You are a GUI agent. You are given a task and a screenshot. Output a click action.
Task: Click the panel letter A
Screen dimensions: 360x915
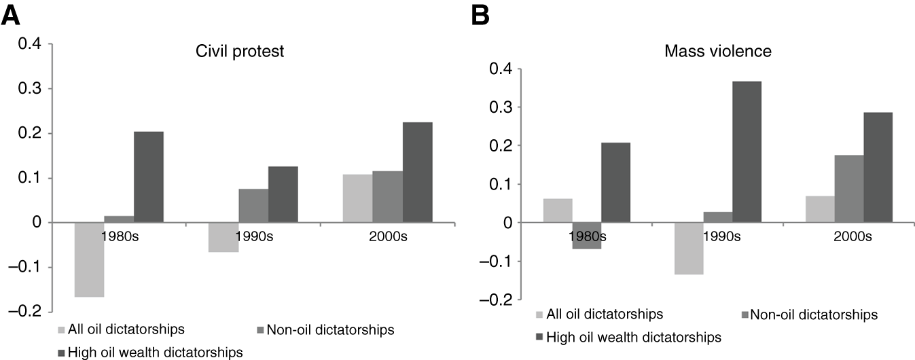point(14,16)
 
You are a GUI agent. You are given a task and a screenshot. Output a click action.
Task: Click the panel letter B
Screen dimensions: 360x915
point(481,16)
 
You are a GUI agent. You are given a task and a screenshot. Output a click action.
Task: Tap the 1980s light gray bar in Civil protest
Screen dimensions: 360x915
point(89,259)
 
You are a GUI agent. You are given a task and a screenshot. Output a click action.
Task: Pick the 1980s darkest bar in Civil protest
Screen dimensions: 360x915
point(148,177)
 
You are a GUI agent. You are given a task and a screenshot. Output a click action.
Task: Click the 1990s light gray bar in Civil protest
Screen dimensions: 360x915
point(223,237)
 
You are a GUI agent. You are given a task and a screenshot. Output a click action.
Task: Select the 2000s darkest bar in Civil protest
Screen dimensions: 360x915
point(417,173)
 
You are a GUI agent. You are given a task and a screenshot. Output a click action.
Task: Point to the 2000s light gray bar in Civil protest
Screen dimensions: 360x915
point(358,198)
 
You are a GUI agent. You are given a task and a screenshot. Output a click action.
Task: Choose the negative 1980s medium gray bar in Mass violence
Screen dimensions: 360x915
point(586,236)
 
